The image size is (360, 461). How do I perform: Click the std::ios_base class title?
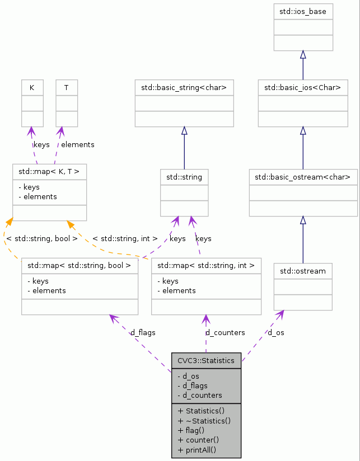tap(303, 11)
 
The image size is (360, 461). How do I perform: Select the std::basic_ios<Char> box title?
tap(302, 87)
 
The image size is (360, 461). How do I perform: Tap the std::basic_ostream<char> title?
tap(303, 177)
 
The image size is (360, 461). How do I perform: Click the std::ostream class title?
tap(303, 271)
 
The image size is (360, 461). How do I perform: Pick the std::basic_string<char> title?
tap(184, 87)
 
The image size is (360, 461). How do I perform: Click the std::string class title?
tap(184, 177)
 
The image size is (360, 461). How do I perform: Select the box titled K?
tap(32, 88)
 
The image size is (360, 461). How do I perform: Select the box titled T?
tap(67, 88)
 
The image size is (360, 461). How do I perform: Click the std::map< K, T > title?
tap(49, 172)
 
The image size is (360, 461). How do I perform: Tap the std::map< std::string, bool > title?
tap(80, 265)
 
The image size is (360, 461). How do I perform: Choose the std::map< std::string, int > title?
tap(206, 265)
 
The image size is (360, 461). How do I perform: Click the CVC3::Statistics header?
tap(205, 360)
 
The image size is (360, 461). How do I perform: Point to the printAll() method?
tap(197, 450)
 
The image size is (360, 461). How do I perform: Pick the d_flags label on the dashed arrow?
tap(143, 332)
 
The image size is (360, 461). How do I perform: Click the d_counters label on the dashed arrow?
tap(225, 332)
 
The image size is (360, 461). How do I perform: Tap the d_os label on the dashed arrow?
tap(275, 332)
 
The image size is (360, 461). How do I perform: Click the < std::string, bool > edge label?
tap(42, 238)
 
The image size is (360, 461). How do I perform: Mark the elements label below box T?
tap(77, 144)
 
